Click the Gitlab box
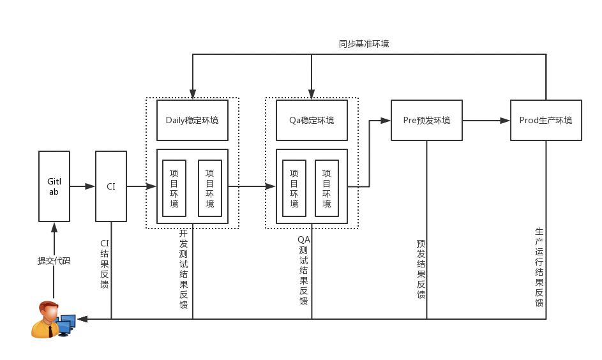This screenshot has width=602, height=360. coord(54,186)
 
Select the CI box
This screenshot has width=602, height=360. coord(111,186)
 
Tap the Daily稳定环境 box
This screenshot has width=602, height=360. coord(192,120)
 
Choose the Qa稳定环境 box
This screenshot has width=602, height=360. coord(312,120)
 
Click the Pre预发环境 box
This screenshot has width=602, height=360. coord(426,120)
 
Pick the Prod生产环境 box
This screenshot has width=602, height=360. coord(546,120)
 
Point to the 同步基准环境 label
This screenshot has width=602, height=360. coord(364,44)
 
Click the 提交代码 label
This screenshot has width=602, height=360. coord(54,261)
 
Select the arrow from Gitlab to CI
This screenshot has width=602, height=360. coord(82,186)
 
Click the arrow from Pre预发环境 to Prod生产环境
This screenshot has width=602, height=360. coord(486,120)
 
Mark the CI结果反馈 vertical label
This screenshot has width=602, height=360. coord(105,264)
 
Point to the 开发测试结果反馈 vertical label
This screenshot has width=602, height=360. coord(184,269)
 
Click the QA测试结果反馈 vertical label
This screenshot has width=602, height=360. coord(303,270)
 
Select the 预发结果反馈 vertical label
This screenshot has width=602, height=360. coord(421,269)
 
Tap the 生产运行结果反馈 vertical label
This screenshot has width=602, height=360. coord(539,267)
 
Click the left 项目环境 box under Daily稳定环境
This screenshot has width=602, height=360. coord(174,188)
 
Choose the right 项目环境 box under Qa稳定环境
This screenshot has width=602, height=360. coord(327,188)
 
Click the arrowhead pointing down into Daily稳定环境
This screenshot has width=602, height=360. coord(192,95)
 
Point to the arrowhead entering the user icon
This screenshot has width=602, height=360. coord(82,319)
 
